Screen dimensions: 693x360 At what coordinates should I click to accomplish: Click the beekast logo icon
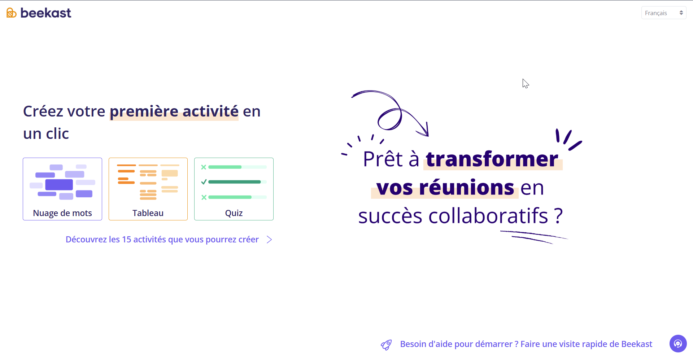pyautogui.click(x=12, y=13)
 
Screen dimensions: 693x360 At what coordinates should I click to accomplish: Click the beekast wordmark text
pyautogui.click(x=46, y=13)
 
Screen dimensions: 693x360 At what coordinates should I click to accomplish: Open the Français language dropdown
pyautogui.click(x=663, y=13)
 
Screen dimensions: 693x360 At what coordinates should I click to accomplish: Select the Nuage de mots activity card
pyautogui.click(x=62, y=189)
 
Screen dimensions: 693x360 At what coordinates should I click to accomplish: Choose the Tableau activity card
pyautogui.click(x=148, y=189)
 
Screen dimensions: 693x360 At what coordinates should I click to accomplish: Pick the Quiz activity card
pyautogui.click(x=234, y=189)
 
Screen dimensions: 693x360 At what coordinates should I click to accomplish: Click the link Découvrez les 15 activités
pyautogui.click(x=162, y=240)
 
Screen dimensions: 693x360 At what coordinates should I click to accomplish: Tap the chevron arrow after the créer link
pyautogui.click(x=269, y=240)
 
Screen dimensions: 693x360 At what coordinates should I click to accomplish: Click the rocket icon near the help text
pyautogui.click(x=386, y=345)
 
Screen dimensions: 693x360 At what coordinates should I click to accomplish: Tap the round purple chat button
pyautogui.click(x=678, y=343)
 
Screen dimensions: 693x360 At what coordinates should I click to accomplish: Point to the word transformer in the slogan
pyautogui.click(x=492, y=159)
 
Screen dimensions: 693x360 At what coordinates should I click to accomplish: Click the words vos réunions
pyautogui.click(x=445, y=188)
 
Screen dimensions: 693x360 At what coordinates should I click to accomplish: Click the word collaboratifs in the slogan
pyautogui.click(x=488, y=216)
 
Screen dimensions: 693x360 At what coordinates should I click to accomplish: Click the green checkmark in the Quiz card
pyautogui.click(x=204, y=182)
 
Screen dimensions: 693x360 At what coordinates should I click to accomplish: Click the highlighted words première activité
pyautogui.click(x=174, y=111)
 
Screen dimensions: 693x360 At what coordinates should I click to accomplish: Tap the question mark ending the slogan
pyautogui.click(x=558, y=216)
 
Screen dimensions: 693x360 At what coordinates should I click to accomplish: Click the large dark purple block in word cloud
pyautogui.click(x=59, y=185)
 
